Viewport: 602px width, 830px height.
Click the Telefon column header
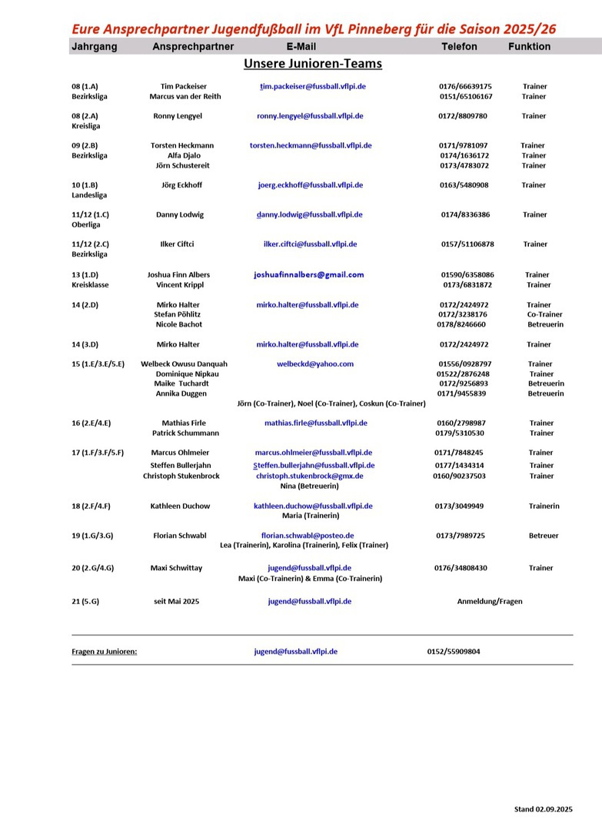click(459, 47)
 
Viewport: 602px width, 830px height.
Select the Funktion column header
click(529, 47)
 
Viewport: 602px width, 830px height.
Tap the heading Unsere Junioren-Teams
click(312, 64)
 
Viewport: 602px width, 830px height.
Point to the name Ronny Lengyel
click(178, 116)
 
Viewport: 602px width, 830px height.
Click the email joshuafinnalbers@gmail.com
click(309, 274)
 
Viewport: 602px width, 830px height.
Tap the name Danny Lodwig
click(180, 215)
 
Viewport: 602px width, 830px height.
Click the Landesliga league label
click(89, 195)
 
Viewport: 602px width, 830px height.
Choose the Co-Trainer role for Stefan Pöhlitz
click(544, 315)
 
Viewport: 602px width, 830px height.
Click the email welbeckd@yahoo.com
click(315, 364)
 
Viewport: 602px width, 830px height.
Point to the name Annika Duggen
click(181, 393)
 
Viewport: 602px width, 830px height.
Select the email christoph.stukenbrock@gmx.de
click(310, 476)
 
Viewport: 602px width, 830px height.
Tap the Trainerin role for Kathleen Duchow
click(544, 506)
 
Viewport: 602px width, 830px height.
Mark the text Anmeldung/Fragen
click(490, 602)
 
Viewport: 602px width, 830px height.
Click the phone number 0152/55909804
click(454, 652)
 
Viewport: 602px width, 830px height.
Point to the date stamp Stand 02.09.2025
click(544, 809)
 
